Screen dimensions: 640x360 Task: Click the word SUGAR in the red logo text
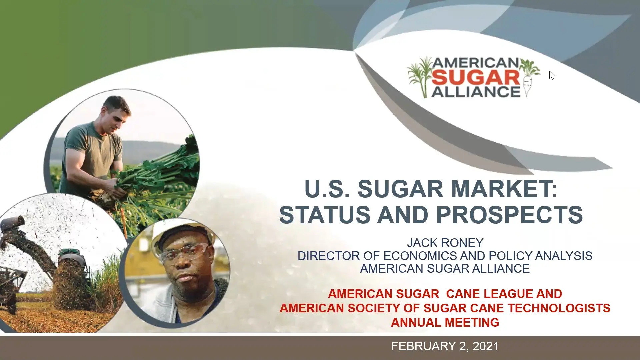[476, 77]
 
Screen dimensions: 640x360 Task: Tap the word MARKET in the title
[504, 189]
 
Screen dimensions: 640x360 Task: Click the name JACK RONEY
[445, 243]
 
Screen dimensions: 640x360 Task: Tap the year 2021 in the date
[485, 346]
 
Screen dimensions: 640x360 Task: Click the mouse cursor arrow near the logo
[552, 75]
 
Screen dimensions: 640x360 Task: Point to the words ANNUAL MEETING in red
[445, 322]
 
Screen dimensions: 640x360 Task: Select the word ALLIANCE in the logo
[476, 92]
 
